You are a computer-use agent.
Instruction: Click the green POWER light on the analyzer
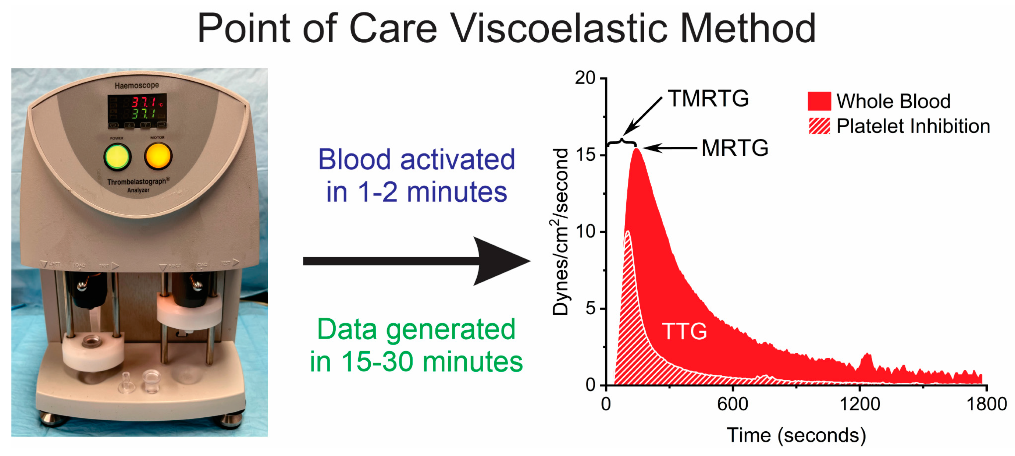coord(117,157)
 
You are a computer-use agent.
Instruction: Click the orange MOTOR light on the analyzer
coord(158,156)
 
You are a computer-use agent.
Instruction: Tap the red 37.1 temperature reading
coord(144,103)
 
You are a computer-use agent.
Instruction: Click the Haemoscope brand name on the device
coord(137,85)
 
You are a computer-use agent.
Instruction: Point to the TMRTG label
coord(708,98)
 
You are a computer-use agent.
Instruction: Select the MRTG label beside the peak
coord(735,148)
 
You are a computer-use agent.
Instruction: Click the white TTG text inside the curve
coord(684,331)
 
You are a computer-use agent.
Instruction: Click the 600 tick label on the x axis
coord(733,404)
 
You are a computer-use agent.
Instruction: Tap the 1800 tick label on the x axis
coord(986,404)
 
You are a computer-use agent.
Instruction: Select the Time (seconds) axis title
coord(796,435)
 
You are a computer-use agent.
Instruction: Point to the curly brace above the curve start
coord(622,142)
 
